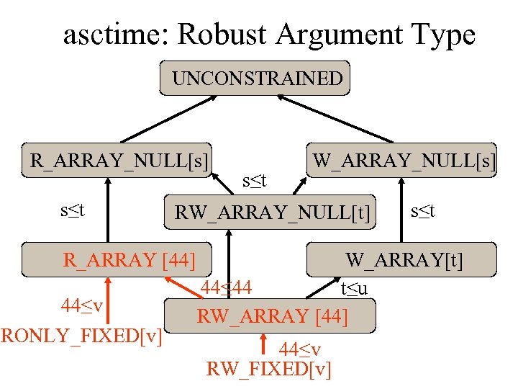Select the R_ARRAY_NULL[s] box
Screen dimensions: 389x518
(x=119, y=160)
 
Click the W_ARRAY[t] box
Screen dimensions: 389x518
(x=403, y=259)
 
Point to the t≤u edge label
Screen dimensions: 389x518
(x=355, y=290)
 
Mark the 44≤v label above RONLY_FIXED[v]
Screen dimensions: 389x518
(x=81, y=305)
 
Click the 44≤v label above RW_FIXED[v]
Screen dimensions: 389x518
(x=300, y=350)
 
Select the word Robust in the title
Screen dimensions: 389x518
(x=222, y=34)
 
